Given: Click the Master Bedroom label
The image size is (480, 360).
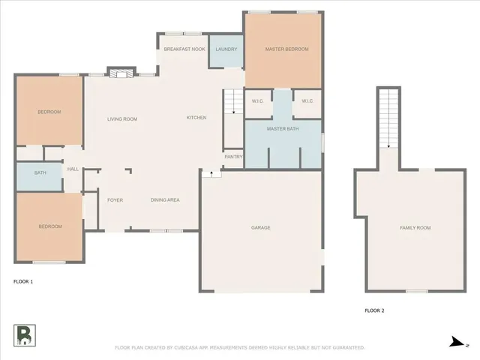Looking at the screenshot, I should coord(286,49).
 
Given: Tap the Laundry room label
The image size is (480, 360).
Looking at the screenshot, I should coord(226,49).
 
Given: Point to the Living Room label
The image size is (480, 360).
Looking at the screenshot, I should coord(121,118).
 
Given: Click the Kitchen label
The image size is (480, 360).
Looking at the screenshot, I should coord(196,118).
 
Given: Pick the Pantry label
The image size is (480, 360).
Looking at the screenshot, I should coord(232,157).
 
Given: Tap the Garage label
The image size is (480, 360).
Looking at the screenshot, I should coord(260,227).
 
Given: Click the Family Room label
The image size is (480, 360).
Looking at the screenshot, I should coord(415,227).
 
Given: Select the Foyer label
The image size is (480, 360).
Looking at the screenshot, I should coord(115,200).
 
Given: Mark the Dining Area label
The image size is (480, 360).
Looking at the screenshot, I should coord(165,200).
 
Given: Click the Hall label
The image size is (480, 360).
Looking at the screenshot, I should coord(73,169).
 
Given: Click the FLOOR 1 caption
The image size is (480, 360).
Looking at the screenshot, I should coord(23,281).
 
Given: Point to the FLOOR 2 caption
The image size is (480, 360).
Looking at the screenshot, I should coord(374,310).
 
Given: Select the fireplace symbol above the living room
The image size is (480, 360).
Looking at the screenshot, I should coord(120,72).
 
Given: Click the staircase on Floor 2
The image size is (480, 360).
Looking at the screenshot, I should coord(388,118).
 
